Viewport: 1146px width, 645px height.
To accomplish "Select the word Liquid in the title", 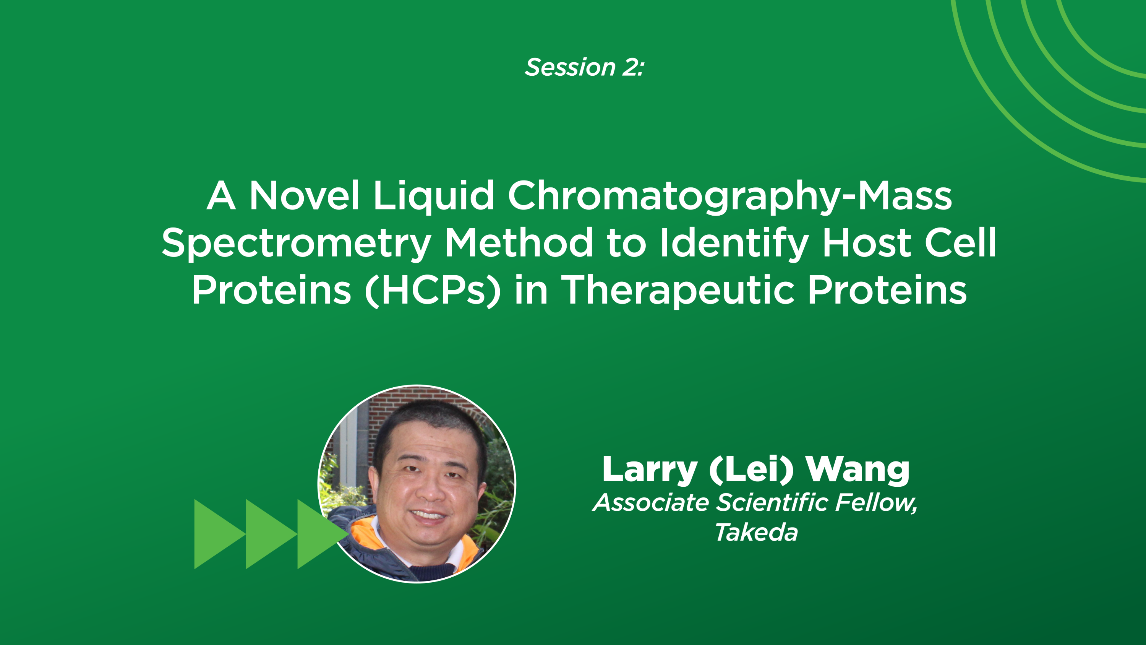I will pos(433,196).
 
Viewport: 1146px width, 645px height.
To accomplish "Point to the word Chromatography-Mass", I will pos(729,196).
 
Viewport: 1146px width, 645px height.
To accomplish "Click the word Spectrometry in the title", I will pos(296,244).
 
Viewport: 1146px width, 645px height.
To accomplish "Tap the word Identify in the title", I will pos(734,244).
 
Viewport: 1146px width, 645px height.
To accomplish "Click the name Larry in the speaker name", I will pos(650,470).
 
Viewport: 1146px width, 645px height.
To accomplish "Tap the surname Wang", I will pos(858,470).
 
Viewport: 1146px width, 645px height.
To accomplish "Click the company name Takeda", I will pos(756,532).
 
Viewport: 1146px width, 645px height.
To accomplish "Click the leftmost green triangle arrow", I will pos(216,534).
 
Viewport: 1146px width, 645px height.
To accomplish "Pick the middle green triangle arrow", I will pos(267,534).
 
